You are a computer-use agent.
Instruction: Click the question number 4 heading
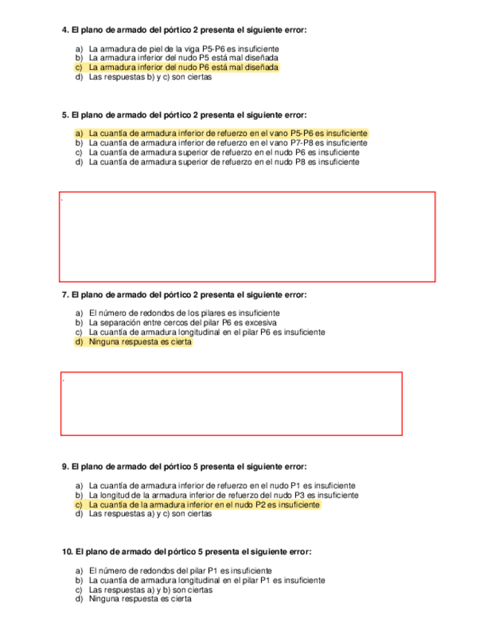(184, 30)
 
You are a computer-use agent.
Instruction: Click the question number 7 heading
(184, 295)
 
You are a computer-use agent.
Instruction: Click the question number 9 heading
(184, 467)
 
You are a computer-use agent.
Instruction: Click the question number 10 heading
(187, 552)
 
